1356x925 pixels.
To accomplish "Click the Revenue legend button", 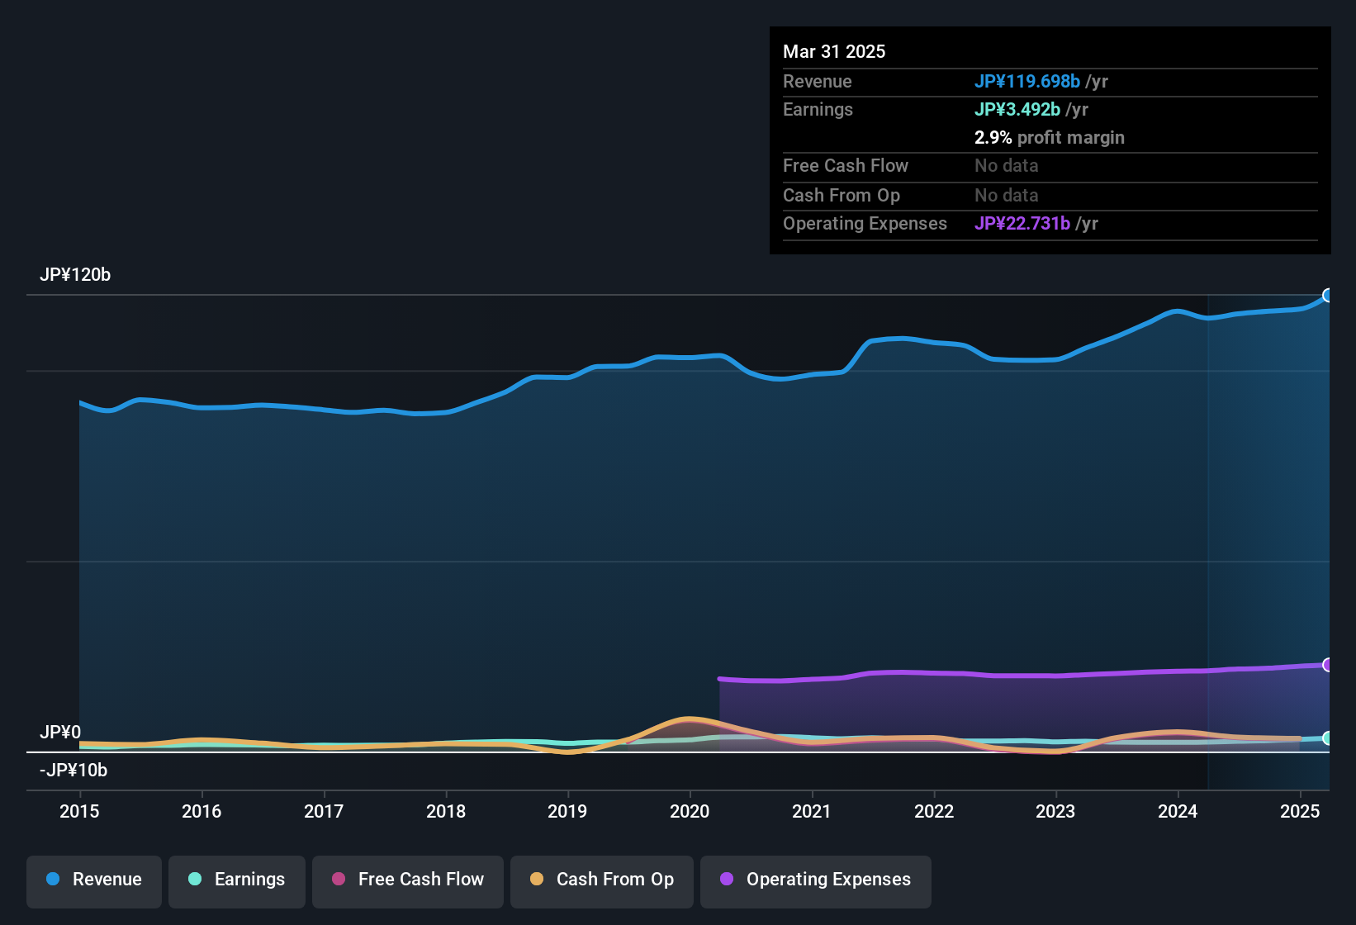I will [x=94, y=880].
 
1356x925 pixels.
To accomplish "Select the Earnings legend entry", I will [x=237, y=880].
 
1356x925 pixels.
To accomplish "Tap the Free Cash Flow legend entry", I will [x=408, y=880].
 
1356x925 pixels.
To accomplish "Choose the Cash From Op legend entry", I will [x=602, y=880].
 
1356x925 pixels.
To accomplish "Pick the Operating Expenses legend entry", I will [x=816, y=880].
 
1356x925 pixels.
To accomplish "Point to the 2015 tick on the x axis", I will [x=79, y=811].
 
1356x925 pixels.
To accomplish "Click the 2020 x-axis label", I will [x=690, y=811].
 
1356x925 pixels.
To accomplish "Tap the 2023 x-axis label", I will [x=1055, y=811].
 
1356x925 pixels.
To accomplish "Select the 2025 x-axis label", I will [x=1300, y=811].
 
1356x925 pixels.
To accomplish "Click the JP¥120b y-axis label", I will [x=75, y=275].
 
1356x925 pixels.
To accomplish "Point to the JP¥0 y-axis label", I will [x=60, y=733].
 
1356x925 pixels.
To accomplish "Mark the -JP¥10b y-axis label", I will [x=73, y=771].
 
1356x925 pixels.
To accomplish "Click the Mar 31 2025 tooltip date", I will [x=834, y=51].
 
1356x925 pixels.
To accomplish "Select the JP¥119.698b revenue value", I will [x=1026, y=81].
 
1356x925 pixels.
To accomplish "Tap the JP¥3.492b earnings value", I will [x=1017, y=109].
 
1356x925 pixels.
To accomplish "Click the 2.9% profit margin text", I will [x=1049, y=138].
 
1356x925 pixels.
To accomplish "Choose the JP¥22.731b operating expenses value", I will [x=1022, y=223].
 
